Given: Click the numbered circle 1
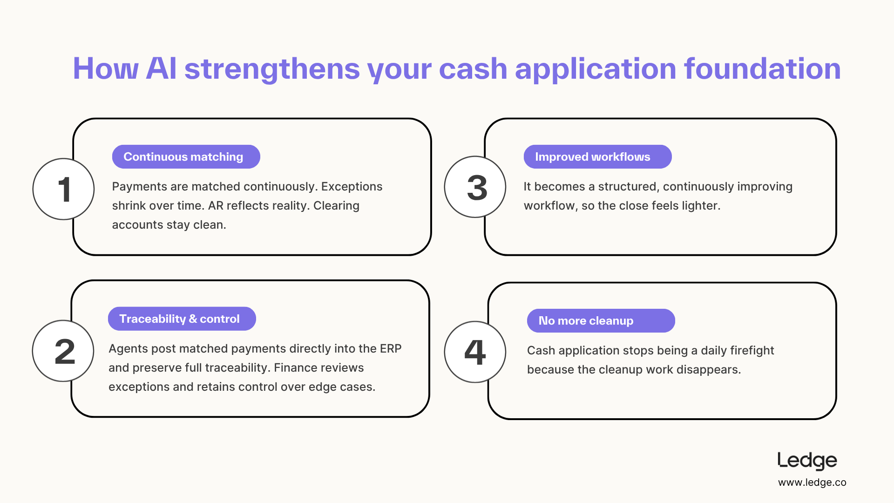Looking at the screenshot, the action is click(x=63, y=189).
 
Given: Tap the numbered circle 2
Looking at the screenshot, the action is click(x=63, y=351).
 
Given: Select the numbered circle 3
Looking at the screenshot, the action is click(x=475, y=187).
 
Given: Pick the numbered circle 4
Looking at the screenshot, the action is click(x=475, y=352).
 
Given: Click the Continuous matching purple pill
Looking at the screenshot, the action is click(x=186, y=156).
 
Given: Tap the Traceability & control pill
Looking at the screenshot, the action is click(x=182, y=319).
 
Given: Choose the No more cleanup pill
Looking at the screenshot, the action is click(x=601, y=320).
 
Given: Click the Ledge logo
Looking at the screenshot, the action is click(x=807, y=461).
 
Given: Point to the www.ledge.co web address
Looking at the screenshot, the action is click(x=812, y=483).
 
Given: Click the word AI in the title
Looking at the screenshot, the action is click(x=161, y=69).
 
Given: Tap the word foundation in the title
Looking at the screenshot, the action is click(x=762, y=69).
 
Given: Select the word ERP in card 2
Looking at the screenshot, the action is click(x=391, y=348).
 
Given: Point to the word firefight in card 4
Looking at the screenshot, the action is click(x=752, y=350).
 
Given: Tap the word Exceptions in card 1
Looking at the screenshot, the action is click(x=352, y=187).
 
